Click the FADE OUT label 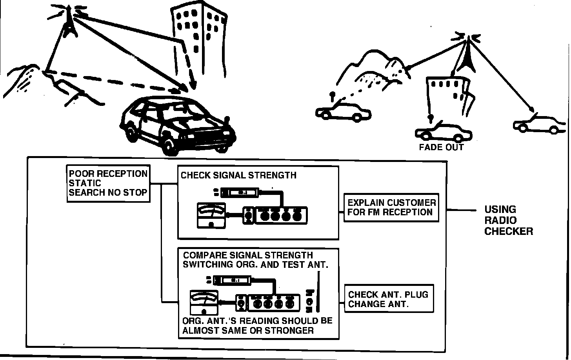(441, 147)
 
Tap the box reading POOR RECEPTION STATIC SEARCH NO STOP (108, 183)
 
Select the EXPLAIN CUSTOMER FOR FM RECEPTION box (391, 207)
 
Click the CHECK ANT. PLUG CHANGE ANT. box (389, 299)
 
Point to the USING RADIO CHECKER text (508, 220)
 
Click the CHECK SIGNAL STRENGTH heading (238, 175)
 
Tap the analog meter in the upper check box (211, 215)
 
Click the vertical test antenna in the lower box (318, 290)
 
